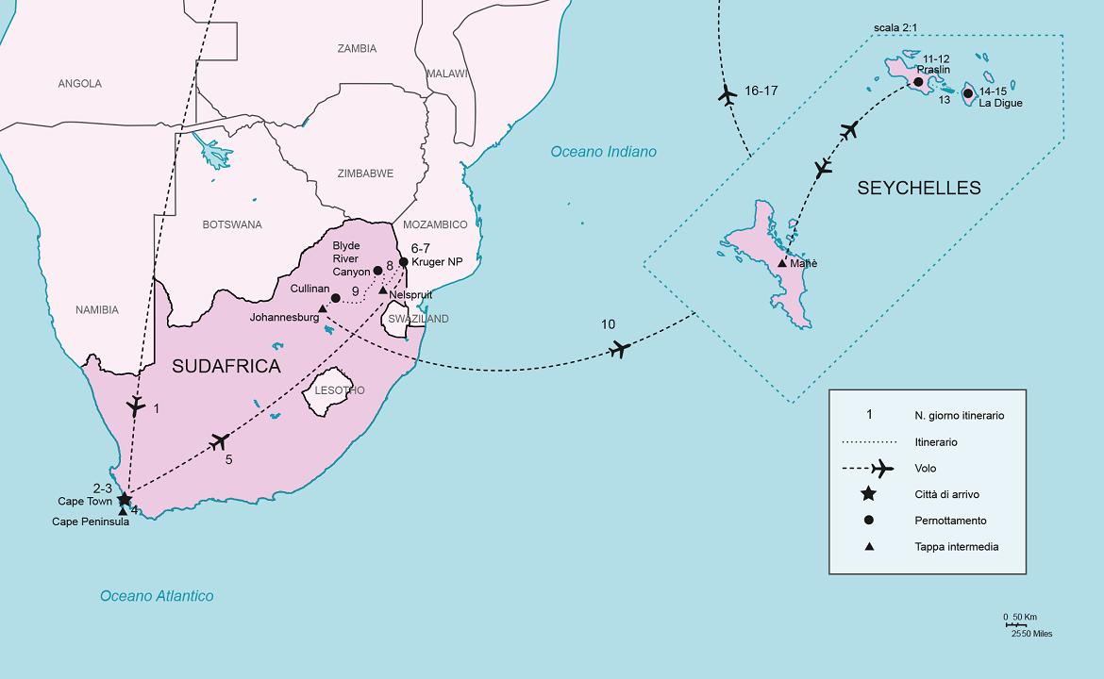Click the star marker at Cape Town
point(125,499)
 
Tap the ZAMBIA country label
point(357,48)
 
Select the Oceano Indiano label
point(603,152)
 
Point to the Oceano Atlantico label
point(157,595)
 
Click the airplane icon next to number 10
point(619,349)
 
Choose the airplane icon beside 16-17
point(727,94)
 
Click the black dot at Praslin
point(917,82)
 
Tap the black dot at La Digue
point(967,92)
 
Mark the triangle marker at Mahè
point(781,263)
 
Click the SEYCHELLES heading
point(918,189)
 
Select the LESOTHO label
point(340,390)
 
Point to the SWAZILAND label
point(418,319)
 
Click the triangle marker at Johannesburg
point(323,308)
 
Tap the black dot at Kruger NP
point(404,262)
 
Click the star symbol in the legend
point(868,494)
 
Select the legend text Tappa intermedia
point(956,547)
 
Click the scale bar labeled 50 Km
point(1016,624)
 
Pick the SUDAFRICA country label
point(226,367)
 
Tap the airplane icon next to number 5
point(220,440)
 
